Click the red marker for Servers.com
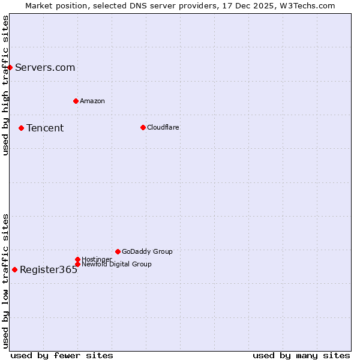10,67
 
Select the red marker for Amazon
76,101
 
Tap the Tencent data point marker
21,128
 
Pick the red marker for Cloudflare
143,127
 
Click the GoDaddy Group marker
118,251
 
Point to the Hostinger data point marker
77,259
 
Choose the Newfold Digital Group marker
77,264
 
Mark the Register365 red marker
14,269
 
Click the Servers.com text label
45,67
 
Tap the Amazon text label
92,101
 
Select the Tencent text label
45,128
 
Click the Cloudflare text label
163,127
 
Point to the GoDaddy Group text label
147,251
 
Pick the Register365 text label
49,269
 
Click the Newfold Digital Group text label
116,264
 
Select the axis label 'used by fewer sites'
62,355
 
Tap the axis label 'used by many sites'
301,355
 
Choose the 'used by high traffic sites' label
5,85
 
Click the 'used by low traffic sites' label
5,280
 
